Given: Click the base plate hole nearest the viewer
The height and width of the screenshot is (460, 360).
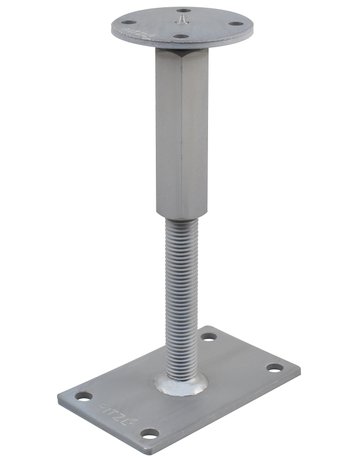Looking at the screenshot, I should pos(148,434).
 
